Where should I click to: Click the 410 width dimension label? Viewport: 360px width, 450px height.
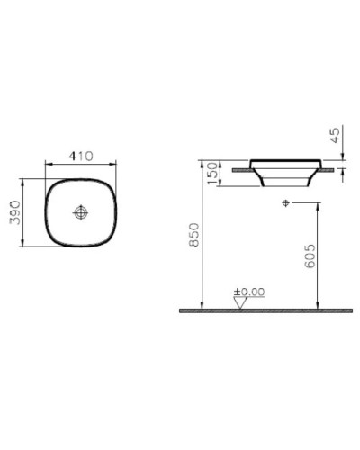coord(82,156)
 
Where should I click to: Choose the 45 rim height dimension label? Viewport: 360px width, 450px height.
coord(335,138)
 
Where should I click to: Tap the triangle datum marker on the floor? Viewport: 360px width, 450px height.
coord(239,302)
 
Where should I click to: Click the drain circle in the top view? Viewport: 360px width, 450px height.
coord(82,213)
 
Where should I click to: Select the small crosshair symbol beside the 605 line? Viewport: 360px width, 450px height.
coord(285,202)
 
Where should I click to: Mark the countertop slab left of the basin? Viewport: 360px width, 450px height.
coord(239,166)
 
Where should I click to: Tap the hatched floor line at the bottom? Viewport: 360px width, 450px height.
coord(265,310)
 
